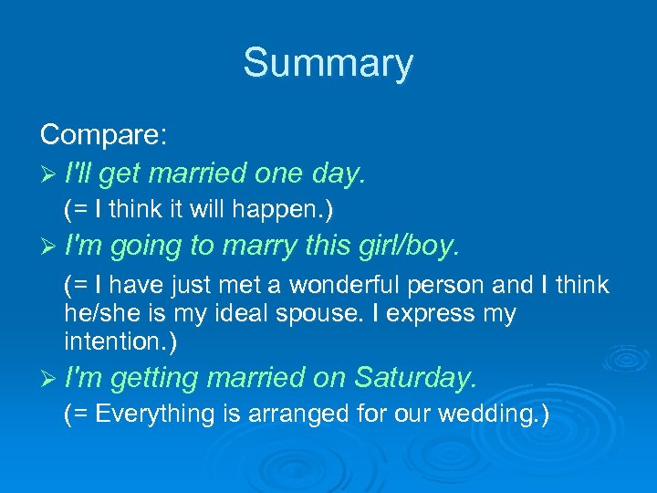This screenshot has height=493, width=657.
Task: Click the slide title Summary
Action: click(x=328, y=64)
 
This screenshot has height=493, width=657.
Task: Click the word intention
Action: click(x=116, y=343)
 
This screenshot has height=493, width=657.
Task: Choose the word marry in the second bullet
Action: click(x=257, y=247)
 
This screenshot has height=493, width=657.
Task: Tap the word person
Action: click(x=443, y=286)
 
